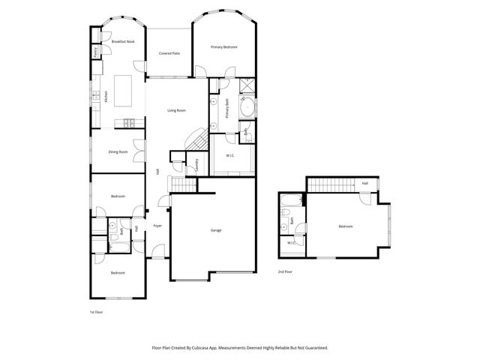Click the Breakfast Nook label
pos(123,42)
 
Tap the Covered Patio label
pos(169,53)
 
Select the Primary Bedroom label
pos(224,47)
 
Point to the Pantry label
pos(95,52)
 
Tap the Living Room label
pos(176,110)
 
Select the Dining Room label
pos(118,152)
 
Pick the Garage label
pos(215,230)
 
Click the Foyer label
pos(157,226)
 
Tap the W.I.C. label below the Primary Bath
pos(232,156)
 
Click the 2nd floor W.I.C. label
pos(291,243)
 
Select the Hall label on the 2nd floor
pos(364,183)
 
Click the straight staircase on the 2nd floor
pos(330,184)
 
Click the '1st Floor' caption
pos(95,311)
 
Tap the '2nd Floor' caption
pos(285,271)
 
